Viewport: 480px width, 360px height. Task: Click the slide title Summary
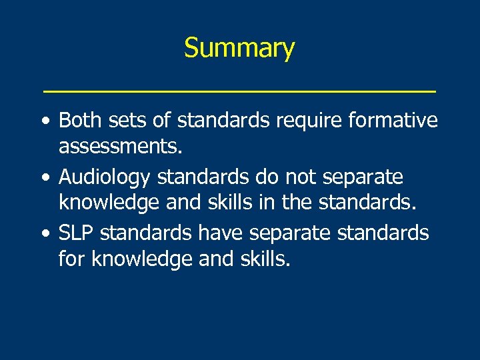[239, 49]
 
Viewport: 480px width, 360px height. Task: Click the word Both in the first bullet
[79, 121]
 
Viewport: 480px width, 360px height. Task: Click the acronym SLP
[75, 233]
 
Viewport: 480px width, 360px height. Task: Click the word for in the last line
[73, 257]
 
